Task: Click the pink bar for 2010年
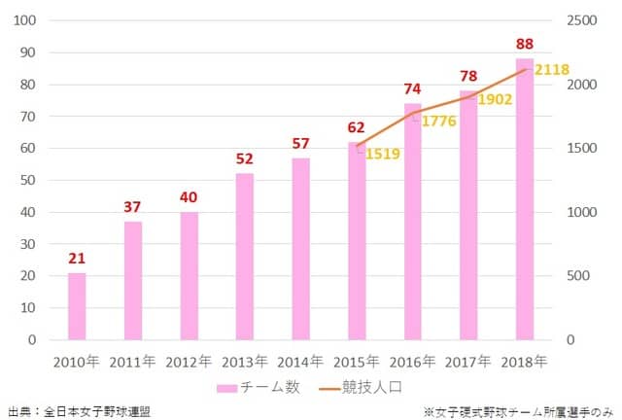coord(76,306)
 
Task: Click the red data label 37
coord(132,206)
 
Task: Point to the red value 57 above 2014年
coord(300,144)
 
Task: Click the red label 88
coord(526,43)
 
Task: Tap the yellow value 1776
coord(438,121)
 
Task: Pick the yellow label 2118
coord(551,69)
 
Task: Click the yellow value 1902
coord(495,99)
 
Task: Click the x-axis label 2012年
coord(189,362)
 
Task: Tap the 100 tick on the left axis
coord(24,20)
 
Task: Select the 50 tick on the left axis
coord(28,180)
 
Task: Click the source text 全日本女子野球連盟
coord(96,411)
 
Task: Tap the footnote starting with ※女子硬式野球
coord(519,411)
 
